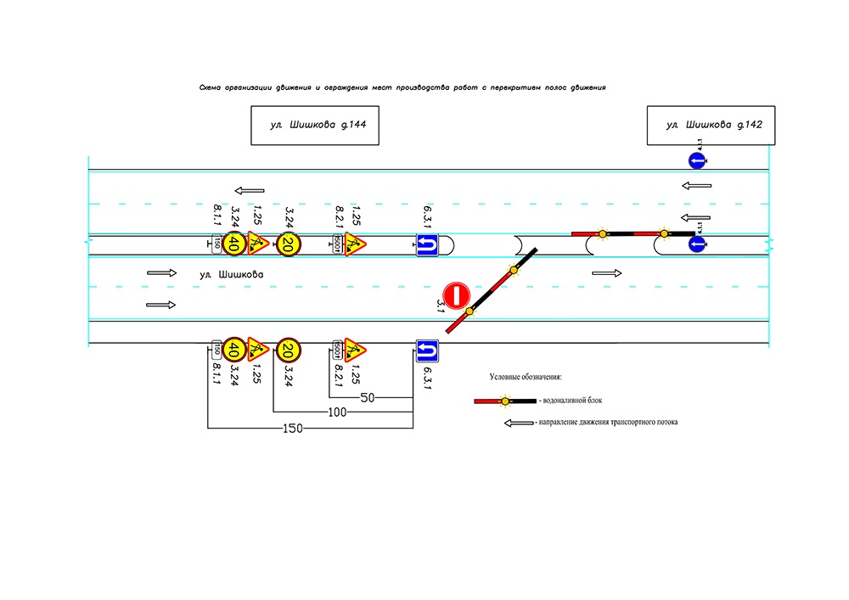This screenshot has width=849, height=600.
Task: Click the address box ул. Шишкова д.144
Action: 314,125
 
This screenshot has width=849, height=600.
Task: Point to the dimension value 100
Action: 337,412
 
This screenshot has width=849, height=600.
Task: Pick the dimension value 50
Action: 368,397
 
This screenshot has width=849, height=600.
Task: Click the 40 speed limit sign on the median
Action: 235,245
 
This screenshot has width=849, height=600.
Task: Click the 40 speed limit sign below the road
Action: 235,349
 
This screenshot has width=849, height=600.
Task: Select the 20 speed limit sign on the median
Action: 289,245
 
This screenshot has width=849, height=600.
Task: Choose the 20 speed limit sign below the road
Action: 289,349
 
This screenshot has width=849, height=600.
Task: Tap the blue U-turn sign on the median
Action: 425,245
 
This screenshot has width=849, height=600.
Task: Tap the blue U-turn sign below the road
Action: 426,350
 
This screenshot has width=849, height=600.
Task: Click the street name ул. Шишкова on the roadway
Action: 232,275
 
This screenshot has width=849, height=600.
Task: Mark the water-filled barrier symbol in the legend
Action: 505,400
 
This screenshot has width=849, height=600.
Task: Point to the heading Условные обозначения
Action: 526,377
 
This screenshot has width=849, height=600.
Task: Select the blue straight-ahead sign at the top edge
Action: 696,160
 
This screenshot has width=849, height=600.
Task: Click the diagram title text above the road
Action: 401,87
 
